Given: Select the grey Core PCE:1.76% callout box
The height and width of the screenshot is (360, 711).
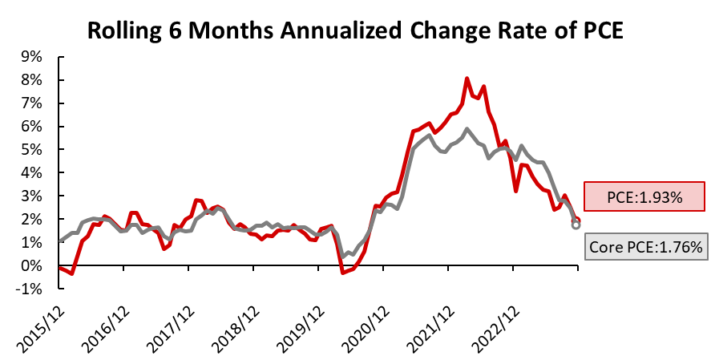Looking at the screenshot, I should [x=647, y=248].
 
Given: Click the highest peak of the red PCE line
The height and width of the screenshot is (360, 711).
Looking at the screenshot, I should [x=467, y=79].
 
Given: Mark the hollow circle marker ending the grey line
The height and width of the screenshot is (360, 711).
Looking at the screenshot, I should [x=576, y=225].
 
